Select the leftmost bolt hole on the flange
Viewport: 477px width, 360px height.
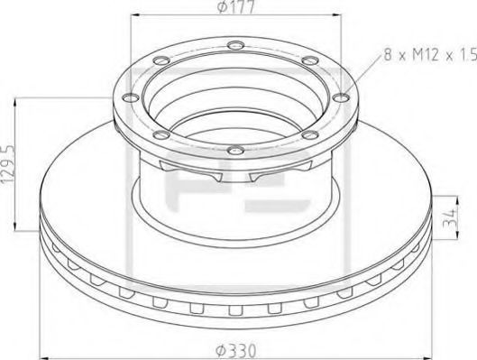(x=128, y=97)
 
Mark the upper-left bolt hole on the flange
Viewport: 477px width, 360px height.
(x=160, y=61)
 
